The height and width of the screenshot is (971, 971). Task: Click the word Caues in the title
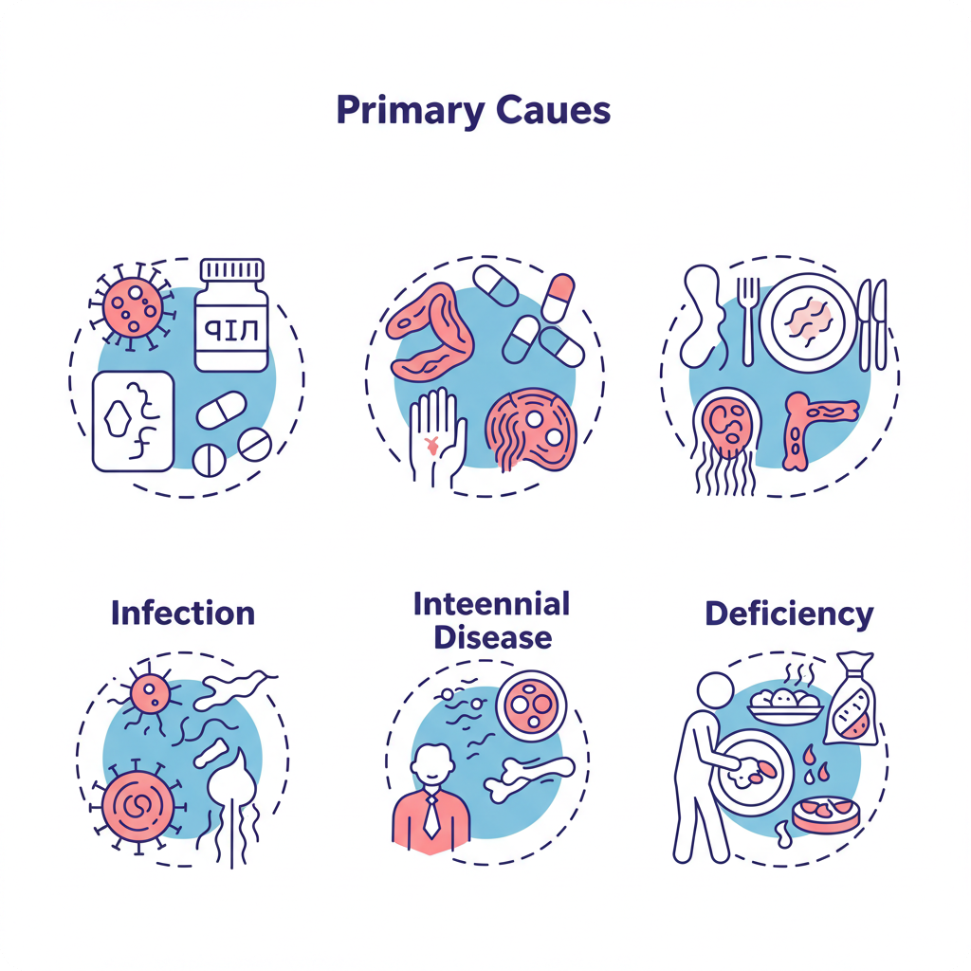click(554, 112)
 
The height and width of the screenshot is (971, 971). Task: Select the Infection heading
click(183, 613)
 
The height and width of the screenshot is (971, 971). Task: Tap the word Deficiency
click(789, 614)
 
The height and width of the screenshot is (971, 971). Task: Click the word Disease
click(492, 636)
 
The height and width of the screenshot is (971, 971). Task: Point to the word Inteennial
click(491, 603)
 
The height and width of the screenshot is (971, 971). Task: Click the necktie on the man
click(431, 815)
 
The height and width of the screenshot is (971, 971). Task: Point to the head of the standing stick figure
click(715, 691)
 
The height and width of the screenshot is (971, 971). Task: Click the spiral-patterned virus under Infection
click(135, 805)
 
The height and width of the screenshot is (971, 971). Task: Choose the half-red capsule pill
click(559, 296)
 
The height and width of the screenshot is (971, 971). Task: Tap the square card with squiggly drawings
click(133, 420)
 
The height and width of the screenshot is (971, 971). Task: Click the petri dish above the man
click(531, 704)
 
